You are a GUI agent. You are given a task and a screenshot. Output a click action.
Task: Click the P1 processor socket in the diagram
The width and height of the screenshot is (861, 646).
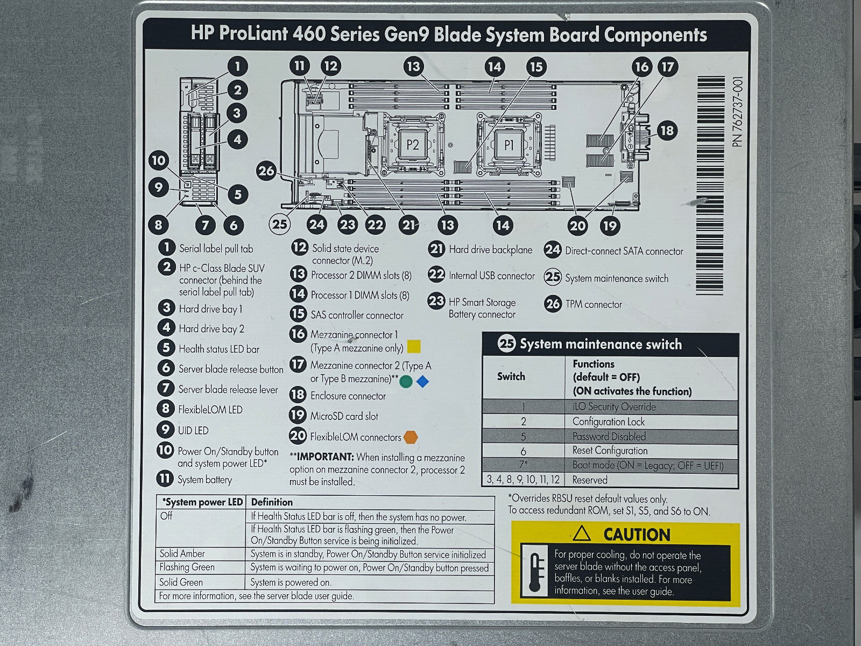pyautogui.click(x=509, y=145)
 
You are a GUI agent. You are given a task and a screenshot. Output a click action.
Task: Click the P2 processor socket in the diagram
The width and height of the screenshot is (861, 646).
pyautogui.click(x=412, y=145)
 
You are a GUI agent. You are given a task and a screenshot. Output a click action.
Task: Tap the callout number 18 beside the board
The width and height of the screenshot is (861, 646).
pyautogui.click(x=666, y=130)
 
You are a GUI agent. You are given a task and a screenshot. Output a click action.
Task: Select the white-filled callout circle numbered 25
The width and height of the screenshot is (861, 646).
pyautogui.click(x=280, y=224)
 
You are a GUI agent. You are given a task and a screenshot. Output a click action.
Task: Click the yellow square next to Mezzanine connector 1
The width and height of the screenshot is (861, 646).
pyautogui.click(x=413, y=347)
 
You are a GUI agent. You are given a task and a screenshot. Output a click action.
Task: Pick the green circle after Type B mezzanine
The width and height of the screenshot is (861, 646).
pyautogui.click(x=406, y=382)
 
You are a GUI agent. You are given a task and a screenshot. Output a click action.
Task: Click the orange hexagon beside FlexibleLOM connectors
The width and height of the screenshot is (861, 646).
pyautogui.click(x=411, y=437)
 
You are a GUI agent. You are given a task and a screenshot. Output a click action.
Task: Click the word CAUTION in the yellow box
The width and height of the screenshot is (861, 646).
pyautogui.click(x=637, y=535)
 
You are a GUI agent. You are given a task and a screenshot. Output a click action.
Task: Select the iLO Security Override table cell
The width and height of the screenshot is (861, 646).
pyautogui.click(x=613, y=407)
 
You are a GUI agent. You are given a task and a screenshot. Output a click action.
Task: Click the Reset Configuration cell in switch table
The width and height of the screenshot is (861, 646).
pyautogui.click(x=610, y=451)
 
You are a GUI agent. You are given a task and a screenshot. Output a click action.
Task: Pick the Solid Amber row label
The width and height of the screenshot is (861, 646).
pyautogui.click(x=182, y=553)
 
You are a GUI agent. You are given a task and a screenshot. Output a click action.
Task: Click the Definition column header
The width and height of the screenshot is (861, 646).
pyautogui.click(x=272, y=502)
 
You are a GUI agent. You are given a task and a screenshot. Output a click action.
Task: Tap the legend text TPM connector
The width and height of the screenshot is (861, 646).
pyautogui.click(x=593, y=305)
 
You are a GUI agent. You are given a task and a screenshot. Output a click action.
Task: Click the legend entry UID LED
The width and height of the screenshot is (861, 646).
pyautogui.click(x=193, y=431)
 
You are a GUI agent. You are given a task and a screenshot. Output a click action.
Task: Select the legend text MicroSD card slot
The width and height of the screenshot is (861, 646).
pyautogui.click(x=344, y=416)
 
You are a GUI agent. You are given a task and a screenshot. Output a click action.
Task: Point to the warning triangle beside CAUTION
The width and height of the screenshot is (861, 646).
pyautogui.click(x=582, y=534)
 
